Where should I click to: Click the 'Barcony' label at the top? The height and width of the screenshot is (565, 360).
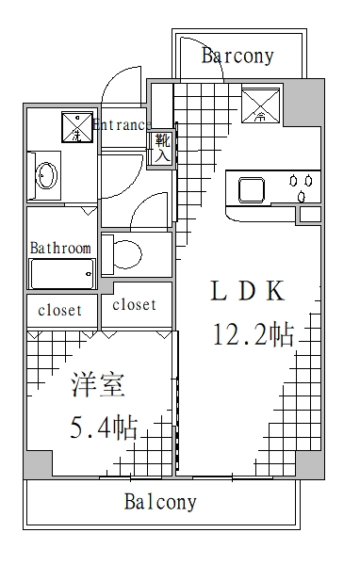coord(237,56)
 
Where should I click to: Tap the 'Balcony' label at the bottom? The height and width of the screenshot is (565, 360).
coord(160,502)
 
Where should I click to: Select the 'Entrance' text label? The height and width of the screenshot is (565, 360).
coord(121,124)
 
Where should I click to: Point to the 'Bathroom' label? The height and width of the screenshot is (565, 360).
coord(60,249)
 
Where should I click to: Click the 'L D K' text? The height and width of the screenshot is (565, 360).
coord(246,292)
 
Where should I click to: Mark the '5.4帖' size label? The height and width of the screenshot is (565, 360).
coord(104,428)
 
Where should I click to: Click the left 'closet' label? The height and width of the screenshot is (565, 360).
coord(59,310)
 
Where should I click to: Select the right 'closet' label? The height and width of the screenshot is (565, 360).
coord(134,305)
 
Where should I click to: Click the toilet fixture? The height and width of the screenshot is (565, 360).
coord(123,252)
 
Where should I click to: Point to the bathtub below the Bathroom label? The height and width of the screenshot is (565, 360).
coord(61,274)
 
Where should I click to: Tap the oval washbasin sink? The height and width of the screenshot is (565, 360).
coord(45,175)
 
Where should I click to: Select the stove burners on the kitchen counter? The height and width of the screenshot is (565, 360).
coord(303,188)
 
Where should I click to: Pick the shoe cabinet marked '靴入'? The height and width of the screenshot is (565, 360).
coord(161,149)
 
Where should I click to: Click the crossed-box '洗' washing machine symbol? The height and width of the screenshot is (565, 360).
coord(76,126)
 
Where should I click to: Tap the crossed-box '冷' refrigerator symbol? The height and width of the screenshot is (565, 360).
coord(260,104)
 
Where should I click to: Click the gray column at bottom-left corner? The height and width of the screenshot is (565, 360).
coord(38,463)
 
